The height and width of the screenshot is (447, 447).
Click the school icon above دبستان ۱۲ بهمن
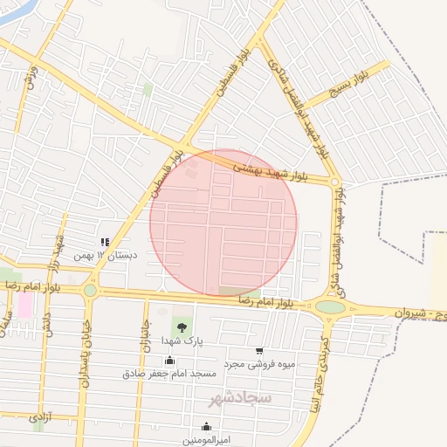point(105,242)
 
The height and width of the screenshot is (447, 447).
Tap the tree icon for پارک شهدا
point(182,327)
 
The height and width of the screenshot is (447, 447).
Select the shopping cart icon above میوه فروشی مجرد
point(259,350)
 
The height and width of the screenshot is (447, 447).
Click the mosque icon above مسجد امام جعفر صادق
point(169,361)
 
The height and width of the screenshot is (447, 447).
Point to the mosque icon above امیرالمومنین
point(206,426)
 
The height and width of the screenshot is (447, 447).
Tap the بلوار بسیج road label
point(348,83)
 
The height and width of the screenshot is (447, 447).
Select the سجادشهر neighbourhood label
point(240,398)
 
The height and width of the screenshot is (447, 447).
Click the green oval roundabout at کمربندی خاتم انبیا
point(330,306)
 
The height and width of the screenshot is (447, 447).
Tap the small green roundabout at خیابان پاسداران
point(90,290)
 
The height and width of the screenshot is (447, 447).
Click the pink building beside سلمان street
point(24,305)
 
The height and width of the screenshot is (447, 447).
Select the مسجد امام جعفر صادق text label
point(169,374)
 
